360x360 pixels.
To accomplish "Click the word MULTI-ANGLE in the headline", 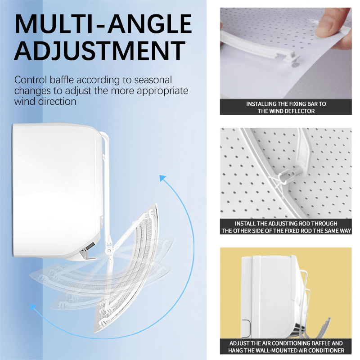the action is coord(103,24).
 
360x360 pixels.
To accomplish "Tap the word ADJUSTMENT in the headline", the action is coord(100,50).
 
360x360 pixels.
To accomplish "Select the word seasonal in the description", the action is coord(153,80).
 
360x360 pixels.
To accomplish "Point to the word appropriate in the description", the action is coord(162,91).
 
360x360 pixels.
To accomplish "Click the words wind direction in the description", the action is coord(45,102).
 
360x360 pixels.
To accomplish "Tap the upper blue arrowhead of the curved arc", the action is coord(162,178).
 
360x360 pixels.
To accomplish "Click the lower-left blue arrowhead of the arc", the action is coord(33,307).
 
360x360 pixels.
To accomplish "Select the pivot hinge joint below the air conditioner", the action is coord(108,251).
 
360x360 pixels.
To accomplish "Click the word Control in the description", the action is coord(31,80).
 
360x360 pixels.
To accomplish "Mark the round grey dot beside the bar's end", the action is coord(295,65).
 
